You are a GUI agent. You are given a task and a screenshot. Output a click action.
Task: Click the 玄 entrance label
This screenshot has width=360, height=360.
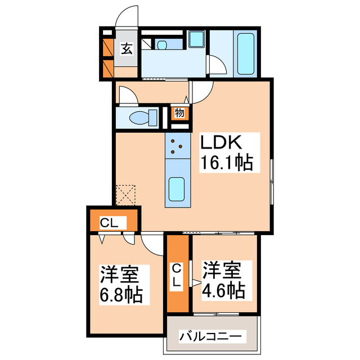tap(127, 49)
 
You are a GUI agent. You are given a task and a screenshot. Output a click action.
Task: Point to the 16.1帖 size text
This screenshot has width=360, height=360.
tap(227, 164)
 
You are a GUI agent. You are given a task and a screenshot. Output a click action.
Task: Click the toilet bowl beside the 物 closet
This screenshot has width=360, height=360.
tap(141, 119)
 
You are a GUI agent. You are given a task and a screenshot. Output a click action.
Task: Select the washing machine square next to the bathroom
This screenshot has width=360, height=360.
tap(196, 39)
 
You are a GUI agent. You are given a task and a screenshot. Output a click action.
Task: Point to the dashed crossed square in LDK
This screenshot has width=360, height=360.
tap(127, 195)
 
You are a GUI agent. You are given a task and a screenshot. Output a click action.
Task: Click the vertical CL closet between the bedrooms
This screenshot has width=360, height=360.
tap(178, 275)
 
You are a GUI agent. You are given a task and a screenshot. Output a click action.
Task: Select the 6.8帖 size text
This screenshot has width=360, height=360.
tap(121, 294)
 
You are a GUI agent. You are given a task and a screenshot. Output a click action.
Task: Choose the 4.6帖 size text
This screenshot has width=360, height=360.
tap(224, 290)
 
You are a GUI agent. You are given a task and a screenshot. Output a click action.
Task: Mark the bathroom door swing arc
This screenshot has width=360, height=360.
tap(219, 66)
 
